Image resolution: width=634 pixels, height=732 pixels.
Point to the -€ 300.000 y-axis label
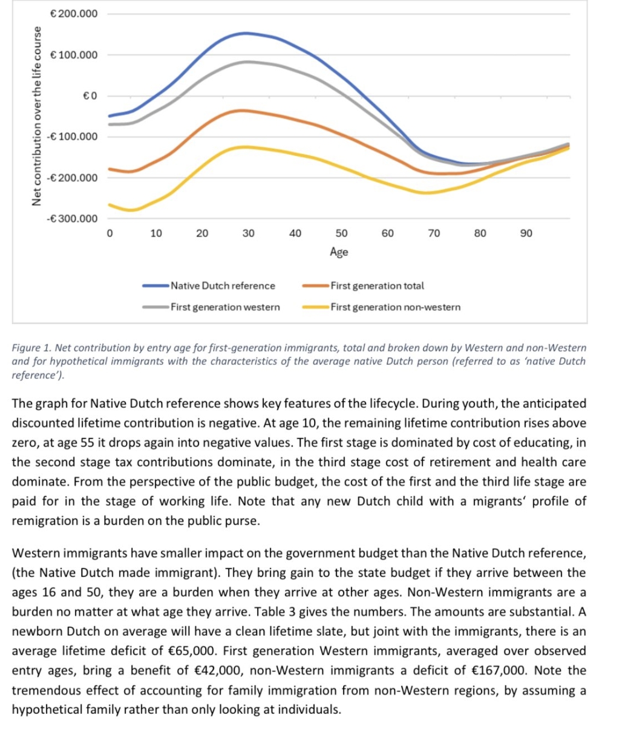(71, 218)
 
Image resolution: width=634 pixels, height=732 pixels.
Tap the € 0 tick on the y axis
(89, 96)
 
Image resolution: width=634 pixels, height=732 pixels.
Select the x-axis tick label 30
(249, 234)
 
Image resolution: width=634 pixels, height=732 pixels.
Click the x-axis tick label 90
(526, 234)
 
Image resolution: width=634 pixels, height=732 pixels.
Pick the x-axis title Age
(339, 252)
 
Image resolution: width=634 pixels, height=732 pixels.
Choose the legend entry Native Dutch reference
(223, 286)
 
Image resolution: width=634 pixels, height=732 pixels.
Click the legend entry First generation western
(225, 307)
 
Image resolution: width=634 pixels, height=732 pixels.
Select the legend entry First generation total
(377, 286)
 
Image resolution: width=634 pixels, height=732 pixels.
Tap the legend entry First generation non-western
(395, 307)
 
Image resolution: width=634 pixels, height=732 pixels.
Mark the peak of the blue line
(245, 33)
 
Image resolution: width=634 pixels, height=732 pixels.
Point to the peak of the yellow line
(245, 146)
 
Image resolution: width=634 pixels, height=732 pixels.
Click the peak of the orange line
(242, 110)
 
